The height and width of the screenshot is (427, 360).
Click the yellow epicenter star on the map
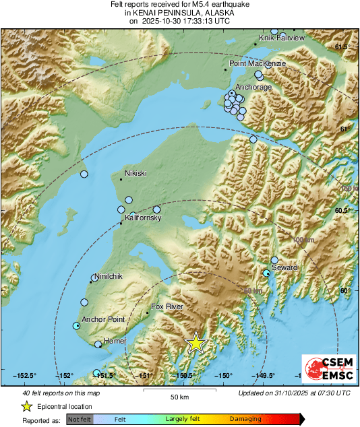pos(196,343)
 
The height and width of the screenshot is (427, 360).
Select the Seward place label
pos(284,267)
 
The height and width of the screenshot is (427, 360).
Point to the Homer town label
pos(115,341)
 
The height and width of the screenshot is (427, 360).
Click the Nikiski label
pos(136,173)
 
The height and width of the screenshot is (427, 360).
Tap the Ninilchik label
pos(110,276)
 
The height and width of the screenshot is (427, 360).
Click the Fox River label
pos(167,306)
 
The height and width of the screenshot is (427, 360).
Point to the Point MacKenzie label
pos(258,63)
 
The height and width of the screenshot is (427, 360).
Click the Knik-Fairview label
pos(282,38)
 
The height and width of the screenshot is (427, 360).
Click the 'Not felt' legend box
pos(80,420)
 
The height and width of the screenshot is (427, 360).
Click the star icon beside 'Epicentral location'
pos(27,406)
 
